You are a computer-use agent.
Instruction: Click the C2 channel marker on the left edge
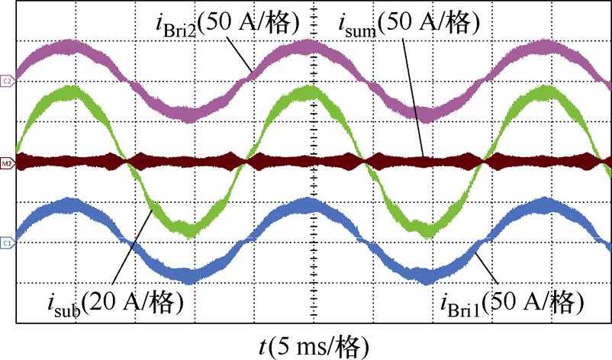point(7,80)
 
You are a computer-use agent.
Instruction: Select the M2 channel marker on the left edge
point(7,162)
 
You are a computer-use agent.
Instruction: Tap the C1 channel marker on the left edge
point(7,243)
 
